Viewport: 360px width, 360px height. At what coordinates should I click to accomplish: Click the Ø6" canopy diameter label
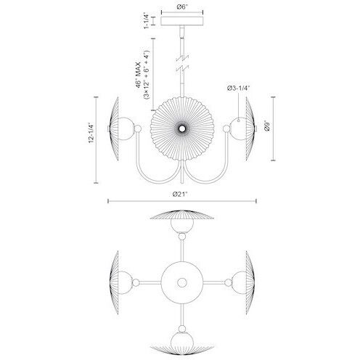181,7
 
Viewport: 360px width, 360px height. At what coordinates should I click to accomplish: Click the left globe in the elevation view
124,130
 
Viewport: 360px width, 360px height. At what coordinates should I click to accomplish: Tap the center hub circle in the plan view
179,279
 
